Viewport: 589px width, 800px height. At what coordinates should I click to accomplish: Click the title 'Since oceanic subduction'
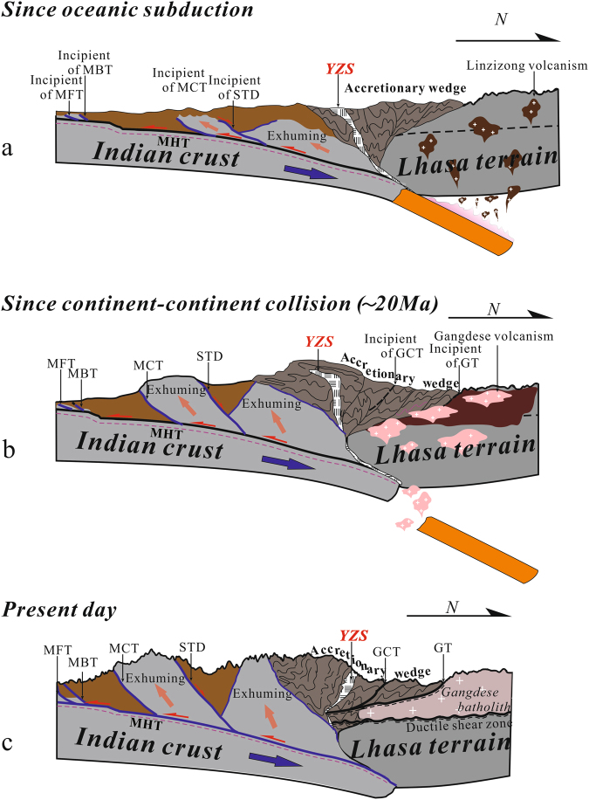[128, 11]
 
